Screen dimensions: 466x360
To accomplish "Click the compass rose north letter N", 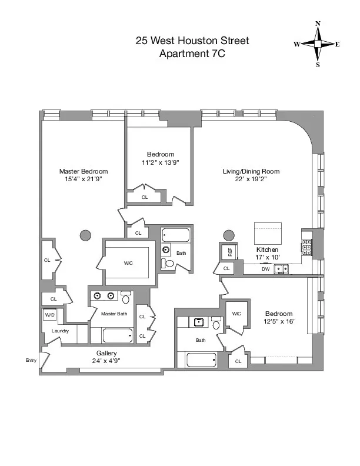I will click(318, 24).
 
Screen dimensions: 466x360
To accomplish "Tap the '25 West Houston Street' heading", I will click(192, 41).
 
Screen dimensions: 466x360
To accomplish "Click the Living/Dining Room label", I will click(251, 171).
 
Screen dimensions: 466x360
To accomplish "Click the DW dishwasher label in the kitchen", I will click(265, 269).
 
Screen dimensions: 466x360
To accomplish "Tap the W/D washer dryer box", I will click(49, 315).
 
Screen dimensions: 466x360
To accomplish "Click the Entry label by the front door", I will click(31, 360).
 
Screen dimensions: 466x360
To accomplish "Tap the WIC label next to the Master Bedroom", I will click(128, 263).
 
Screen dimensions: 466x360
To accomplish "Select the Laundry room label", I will click(60, 331).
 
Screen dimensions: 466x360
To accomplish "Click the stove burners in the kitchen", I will click(306, 248).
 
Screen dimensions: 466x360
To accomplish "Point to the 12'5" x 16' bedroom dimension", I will click(278, 322).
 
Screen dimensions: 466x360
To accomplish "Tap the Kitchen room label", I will click(267, 250).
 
